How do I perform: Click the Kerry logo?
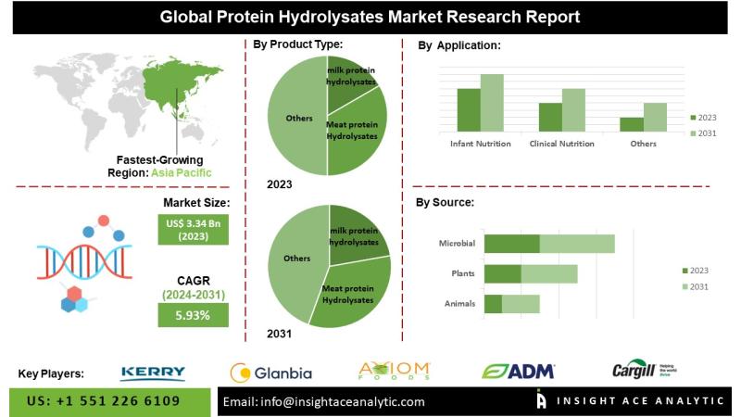(x=153, y=373)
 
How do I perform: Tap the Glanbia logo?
(x=270, y=373)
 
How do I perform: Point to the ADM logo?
(x=519, y=372)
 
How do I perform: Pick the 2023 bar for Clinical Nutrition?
(x=550, y=117)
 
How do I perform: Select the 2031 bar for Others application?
(x=655, y=117)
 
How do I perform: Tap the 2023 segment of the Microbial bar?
(x=511, y=244)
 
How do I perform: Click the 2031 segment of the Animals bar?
(x=521, y=303)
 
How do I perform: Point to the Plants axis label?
(x=462, y=274)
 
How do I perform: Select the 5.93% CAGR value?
(x=192, y=315)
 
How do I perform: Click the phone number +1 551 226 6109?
(x=104, y=401)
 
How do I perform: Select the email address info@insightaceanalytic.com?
(x=323, y=401)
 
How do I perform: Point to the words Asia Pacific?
(x=182, y=172)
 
